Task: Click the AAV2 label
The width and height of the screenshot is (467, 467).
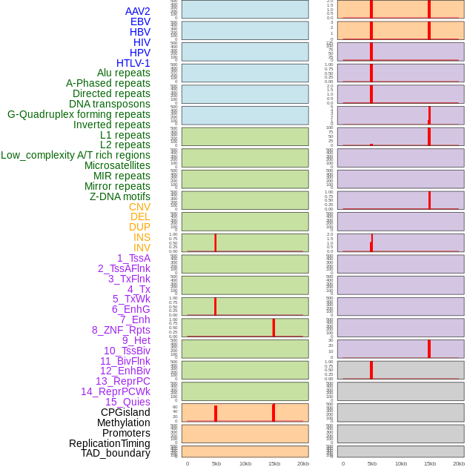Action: [138, 11]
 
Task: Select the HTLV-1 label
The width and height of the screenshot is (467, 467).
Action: [133, 63]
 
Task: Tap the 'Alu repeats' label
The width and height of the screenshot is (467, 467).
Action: [124, 73]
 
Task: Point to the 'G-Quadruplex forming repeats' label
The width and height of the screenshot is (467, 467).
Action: [79, 114]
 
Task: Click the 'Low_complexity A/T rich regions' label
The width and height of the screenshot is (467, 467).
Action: [76, 155]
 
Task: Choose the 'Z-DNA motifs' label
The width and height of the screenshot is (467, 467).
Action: [120, 196]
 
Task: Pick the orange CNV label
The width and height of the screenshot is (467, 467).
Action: [139, 207]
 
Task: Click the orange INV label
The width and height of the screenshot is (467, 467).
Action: [142, 248]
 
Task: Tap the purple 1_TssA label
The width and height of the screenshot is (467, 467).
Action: [133, 258]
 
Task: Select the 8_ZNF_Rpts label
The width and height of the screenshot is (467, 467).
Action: [121, 330]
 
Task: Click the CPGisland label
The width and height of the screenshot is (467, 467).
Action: [125, 412]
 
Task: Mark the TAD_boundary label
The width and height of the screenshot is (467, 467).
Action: [116, 453]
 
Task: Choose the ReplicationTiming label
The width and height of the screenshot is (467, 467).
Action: [110, 443]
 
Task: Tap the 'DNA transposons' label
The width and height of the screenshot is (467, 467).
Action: [110, 104]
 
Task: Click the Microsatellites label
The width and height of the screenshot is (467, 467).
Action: [117, 165]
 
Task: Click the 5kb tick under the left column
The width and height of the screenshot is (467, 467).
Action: [216, 463]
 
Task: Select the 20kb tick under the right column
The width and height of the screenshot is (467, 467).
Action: [459, 463]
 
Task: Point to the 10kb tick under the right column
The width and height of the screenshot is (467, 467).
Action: [401, 463]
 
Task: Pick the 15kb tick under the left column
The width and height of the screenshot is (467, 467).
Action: [274, 463]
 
